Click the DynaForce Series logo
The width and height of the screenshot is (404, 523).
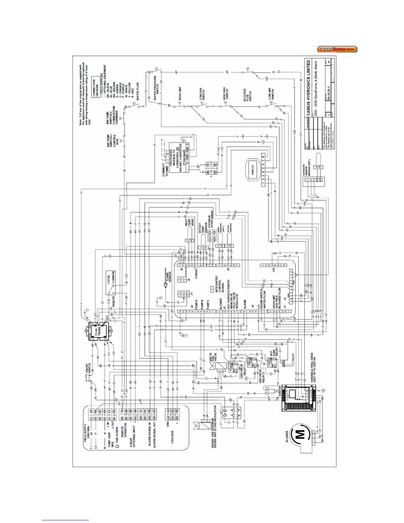point(337,50)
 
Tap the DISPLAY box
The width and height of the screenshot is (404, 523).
point(253,169)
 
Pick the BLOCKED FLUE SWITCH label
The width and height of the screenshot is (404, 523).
point(247,95)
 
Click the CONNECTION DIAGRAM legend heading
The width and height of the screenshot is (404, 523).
point(96,87)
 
